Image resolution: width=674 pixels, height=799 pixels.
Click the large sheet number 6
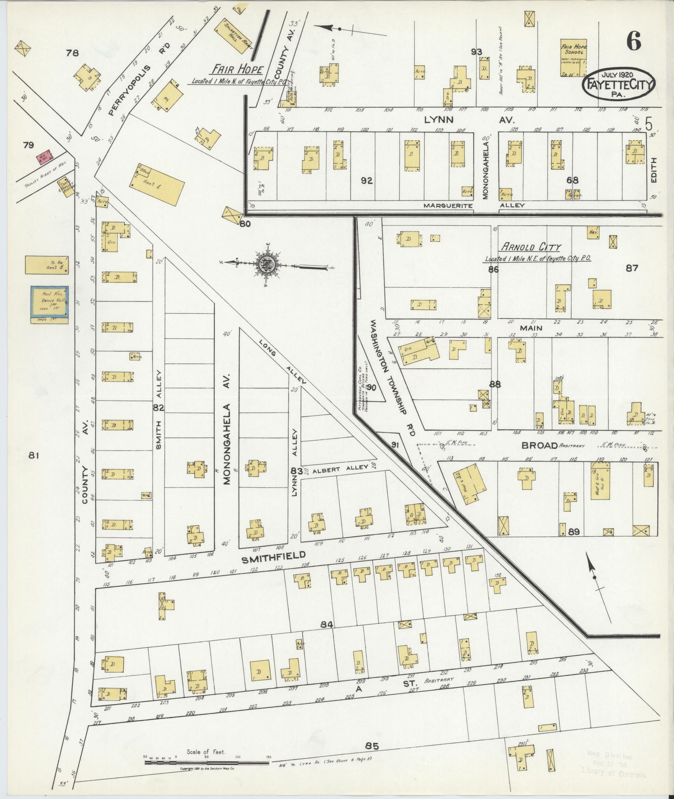click(633, 42)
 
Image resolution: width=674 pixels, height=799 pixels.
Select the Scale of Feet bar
click(207, 762)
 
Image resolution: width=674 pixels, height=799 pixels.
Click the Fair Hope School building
click(574, 58)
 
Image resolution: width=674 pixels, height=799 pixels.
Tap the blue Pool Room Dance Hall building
click(50, 304)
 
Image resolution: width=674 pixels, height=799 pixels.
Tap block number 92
click(366, 180)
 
